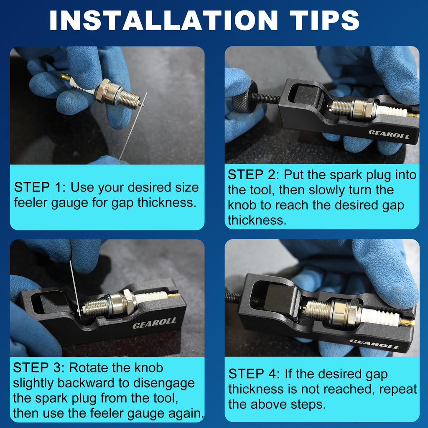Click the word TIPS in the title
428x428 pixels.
[x=324, y=20]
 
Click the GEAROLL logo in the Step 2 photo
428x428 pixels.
[x=389, y=134]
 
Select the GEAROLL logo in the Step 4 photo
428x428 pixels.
[x=374, y=344]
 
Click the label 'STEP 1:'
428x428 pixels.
[x=40, y=188]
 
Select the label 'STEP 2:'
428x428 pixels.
[x=254, y=175]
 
